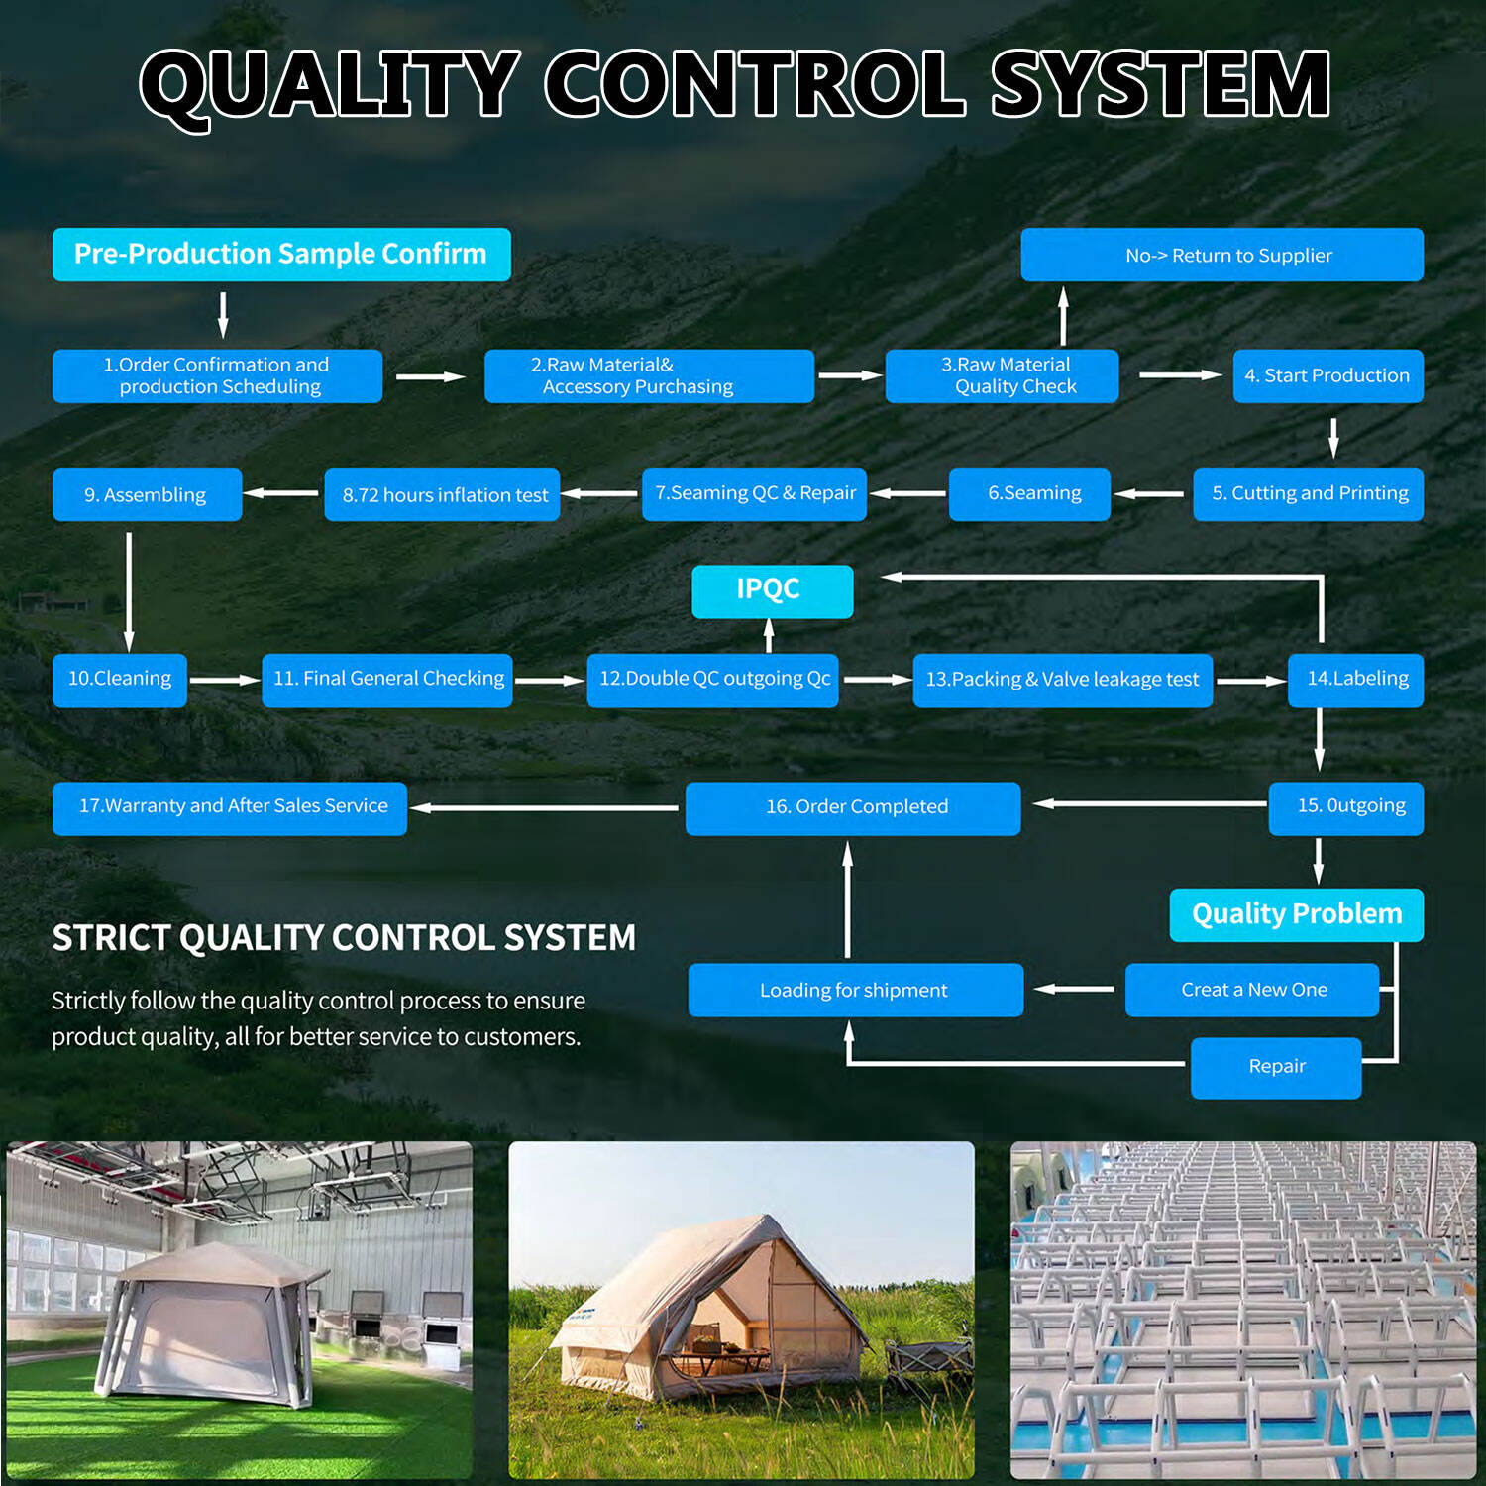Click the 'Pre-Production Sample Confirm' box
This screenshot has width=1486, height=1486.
(x=281, y=255)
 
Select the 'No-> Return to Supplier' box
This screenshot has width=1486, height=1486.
(x=1221, y=255)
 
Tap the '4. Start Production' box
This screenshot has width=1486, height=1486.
(x=1327, y=375)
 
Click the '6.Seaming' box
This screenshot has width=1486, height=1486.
(x=1029, y=493)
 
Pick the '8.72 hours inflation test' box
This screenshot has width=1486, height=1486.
(x=442, y=494)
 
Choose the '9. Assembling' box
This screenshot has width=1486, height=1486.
(x=147, y=494)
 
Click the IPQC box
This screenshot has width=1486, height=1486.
(x=772, y=591)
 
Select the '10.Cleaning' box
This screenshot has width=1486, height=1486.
(x=119, y=680)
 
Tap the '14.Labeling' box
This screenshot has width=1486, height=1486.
(x=1355, y=680)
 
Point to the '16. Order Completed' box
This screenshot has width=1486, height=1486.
(x=853, y=808)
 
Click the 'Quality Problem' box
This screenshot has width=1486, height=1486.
(x=1296, y=914)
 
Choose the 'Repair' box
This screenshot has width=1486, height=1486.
(x=1276, y=1068)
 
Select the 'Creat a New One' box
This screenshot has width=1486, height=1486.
(x=1252, y=990)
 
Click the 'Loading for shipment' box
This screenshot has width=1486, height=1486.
(x=856, y=990)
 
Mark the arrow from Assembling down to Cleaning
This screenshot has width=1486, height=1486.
(x=129, y=591)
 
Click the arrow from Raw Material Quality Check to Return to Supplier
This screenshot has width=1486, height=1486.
(x=1063, y=316)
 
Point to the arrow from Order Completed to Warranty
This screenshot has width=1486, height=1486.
(x=544, y=807)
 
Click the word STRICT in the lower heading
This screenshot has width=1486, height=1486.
(x=111, y=937)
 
